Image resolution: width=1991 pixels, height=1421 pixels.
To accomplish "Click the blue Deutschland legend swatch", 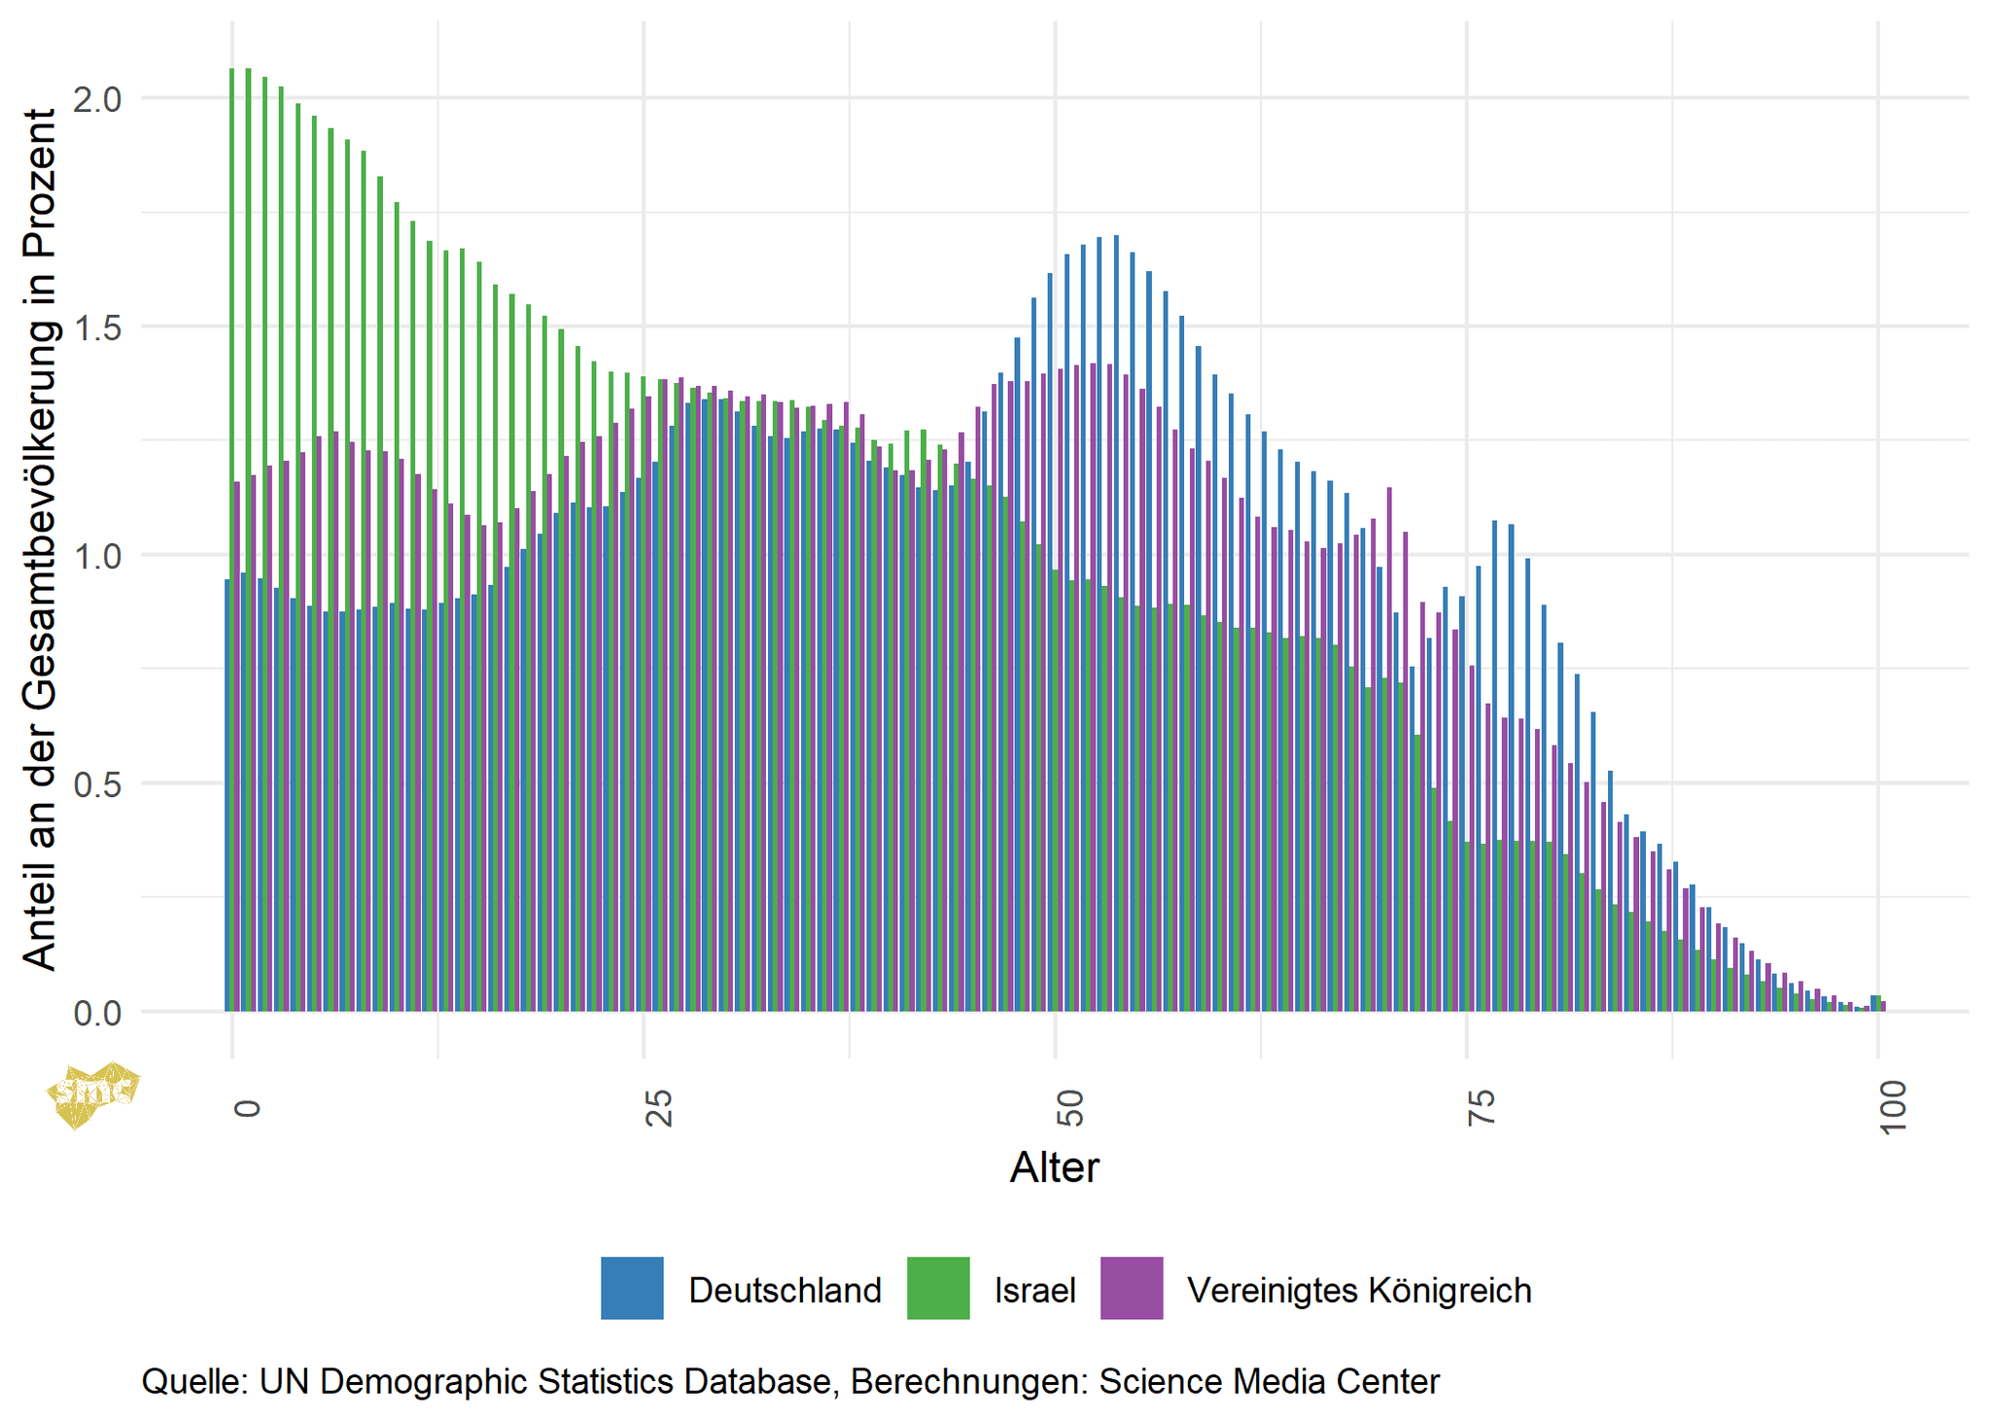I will (632, 1288).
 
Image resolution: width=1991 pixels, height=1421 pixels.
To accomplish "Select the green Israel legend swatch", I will (938, 1288).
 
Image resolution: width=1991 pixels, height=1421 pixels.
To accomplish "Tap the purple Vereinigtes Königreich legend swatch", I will (1132, 1288).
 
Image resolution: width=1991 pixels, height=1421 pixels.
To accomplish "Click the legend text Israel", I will (1034, 1291).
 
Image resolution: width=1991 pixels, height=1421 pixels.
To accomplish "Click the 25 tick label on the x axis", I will (659, 1108).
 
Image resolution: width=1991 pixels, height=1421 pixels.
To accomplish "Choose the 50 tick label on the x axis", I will (1069, 1108).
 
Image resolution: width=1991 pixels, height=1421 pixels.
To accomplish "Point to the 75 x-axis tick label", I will (1481, 1108).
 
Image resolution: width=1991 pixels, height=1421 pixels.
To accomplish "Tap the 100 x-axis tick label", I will (1893, 1106).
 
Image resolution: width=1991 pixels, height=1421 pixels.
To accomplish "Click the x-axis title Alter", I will (1054, 1167).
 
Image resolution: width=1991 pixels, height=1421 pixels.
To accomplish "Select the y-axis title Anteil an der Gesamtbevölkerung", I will (40, 539).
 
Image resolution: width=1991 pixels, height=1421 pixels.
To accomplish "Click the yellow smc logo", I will (92, 1093).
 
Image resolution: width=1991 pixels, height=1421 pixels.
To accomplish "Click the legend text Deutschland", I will (785, 1291).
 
